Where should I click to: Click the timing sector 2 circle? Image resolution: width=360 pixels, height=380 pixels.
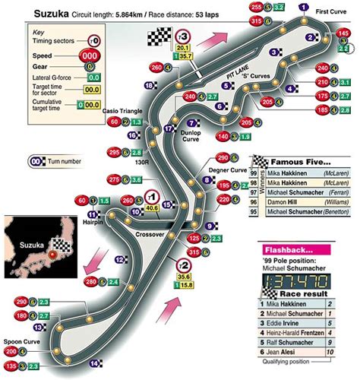tap(183, 265)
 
